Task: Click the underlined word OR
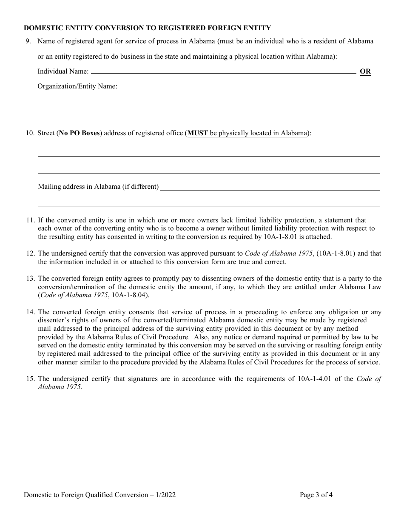click(x=365, y=71)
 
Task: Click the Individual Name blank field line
click(x=223, y=73)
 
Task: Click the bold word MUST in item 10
click(x=197, y=133)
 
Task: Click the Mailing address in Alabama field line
click(x=270, y=189)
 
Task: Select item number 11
click(x=30, y=220)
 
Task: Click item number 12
click(x=30, y=253)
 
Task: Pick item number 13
click(x=30, y=279)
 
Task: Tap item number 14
click(x=30, y=312)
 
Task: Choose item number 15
click(x=30, y=379)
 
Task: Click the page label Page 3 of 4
click(x=316, y=495)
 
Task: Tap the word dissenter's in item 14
click(x=54, y=320)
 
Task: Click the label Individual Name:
click(x=63, y=71)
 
